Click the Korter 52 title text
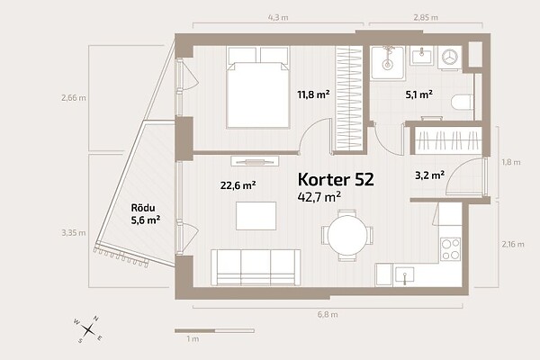point(336,179)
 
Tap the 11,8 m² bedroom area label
point(313,94)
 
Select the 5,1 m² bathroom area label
point(418,94)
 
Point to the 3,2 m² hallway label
point(429,175)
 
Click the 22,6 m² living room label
point(238,185)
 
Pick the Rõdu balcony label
point(143,208)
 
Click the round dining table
point(347,235)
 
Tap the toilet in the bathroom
point(462,103)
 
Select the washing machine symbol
point(450,57)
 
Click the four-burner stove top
point(451,248)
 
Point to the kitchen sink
point(405,276)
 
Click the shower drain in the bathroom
point(387,64)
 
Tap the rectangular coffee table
point(256,216)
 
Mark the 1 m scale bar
point(214,330)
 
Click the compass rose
point(88,329)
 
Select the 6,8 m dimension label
point(328,314)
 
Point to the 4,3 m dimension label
point(278,18)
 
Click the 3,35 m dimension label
point(74,233)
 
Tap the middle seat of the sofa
point(256,267)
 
